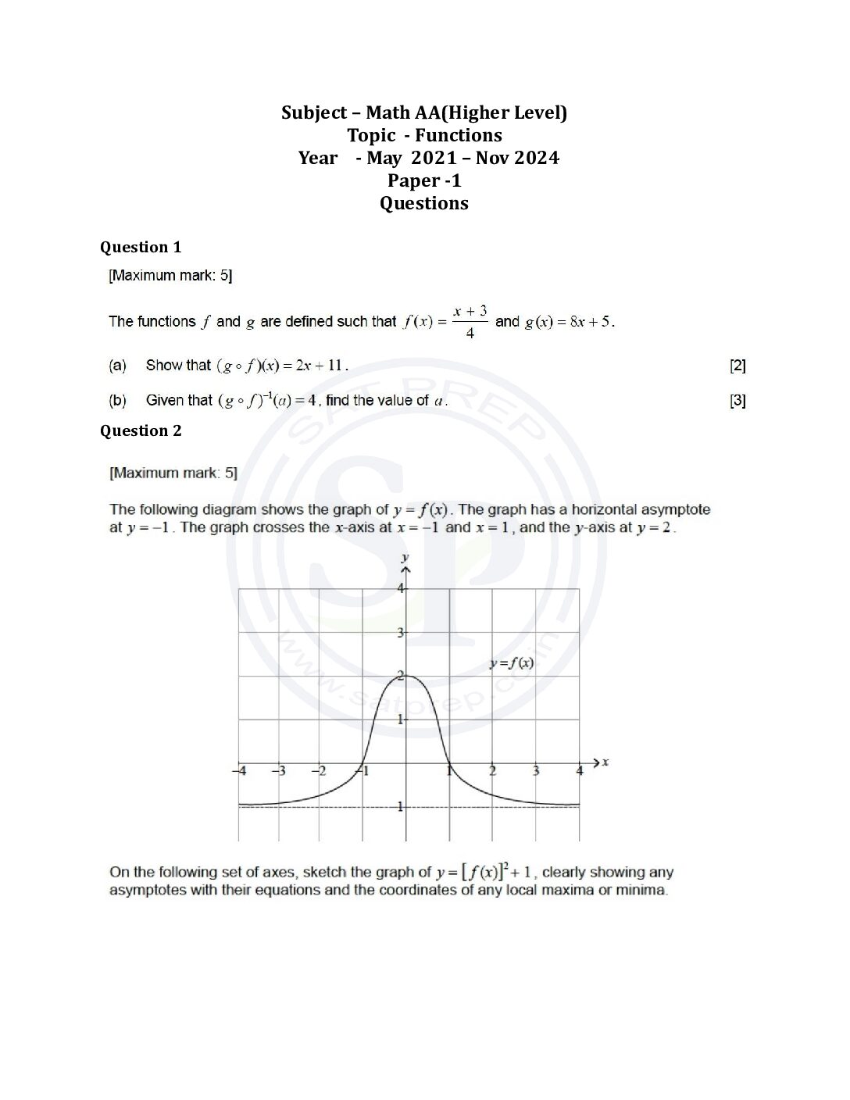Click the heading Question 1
pos(141,247)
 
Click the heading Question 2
pos(141,430)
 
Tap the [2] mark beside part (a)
pos(737,365)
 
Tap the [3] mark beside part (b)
pos(737,400)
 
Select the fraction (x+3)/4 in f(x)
pos(470,321)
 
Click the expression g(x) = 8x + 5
pos(569,321)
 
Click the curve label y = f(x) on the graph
pos(512,663)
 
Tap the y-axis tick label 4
pos(400,588)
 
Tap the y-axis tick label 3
pos(400,632)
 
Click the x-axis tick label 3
pos(536,771)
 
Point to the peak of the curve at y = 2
pos(406,676)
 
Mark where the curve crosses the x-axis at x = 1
pos(449,762)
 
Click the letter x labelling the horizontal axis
pos(605,762)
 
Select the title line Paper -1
pos(424,180)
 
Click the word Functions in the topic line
pos(459,135)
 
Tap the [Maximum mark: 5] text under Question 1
pos(170,275)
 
